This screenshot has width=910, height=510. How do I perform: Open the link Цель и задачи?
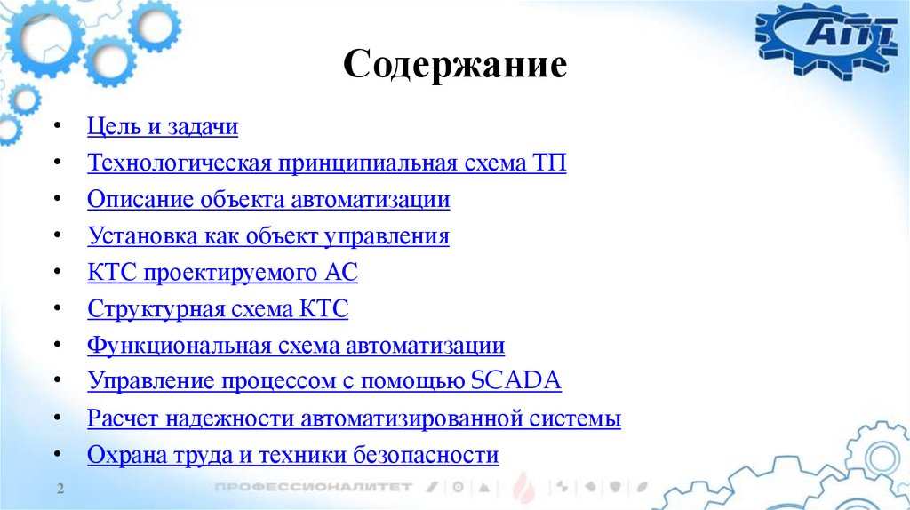pos(163,127)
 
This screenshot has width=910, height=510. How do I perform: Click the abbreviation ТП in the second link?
pos(549,163)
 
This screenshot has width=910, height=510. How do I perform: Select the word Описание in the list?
pos(137,200)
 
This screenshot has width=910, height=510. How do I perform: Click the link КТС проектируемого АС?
pos(222,273)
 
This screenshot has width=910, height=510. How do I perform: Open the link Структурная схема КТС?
pos(218,309)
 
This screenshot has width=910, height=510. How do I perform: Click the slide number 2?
pos(60,490)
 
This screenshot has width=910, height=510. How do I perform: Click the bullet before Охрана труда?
pos(58,455)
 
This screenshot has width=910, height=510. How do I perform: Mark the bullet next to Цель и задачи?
pos(58,127)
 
